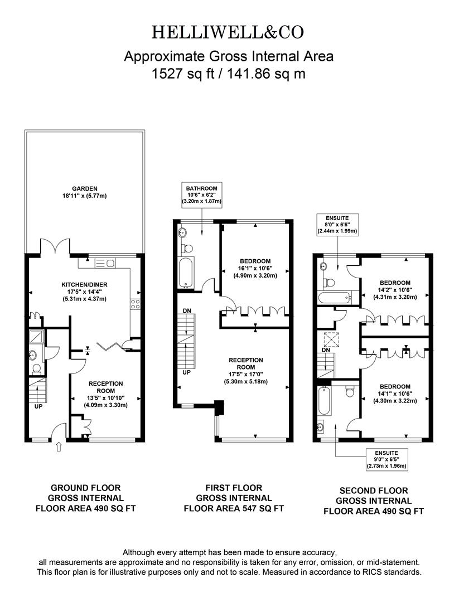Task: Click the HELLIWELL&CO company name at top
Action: point(228,32)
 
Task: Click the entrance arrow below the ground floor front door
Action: point(59,446)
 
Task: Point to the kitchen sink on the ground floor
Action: point(105,263)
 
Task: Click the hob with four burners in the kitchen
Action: point(135,304)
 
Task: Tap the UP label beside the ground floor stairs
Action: point(38,406)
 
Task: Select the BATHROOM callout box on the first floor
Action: point(202,195)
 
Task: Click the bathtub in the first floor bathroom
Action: point(186,273)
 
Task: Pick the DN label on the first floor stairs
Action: point(187,310)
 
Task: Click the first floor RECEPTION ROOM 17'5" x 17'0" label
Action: point(246,371)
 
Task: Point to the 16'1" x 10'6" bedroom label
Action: point(255,268)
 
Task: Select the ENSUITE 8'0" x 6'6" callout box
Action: point(337,225)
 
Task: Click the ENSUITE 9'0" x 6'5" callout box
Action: point(386,459)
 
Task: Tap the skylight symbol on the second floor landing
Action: point(331,339)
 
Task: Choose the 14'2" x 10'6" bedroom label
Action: point(395,290)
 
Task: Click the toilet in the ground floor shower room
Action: point(37,370)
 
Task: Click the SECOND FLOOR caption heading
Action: point(374,491)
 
